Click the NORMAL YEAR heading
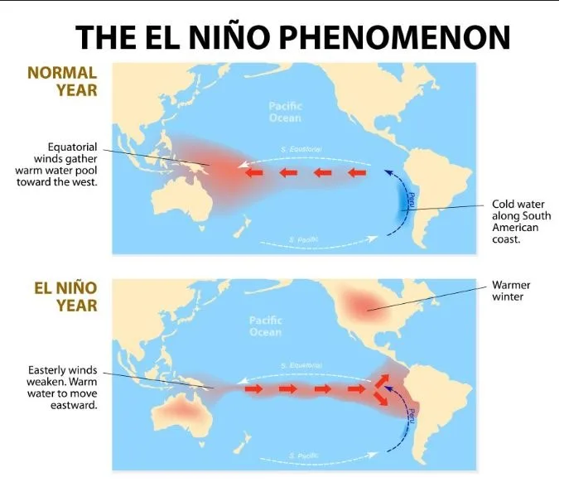[x=62, y=80]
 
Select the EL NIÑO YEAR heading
[x=65, y=296]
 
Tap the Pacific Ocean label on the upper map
[x=285, y=112]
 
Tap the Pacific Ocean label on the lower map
[x=265, y=325]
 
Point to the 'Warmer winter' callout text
[x=511, y=291]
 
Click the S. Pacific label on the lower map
[x=304, y=455]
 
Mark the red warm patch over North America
[x=357, y=306]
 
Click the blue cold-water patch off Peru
[x=407, y=200]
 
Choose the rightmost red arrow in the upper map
[x=356, y=172]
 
